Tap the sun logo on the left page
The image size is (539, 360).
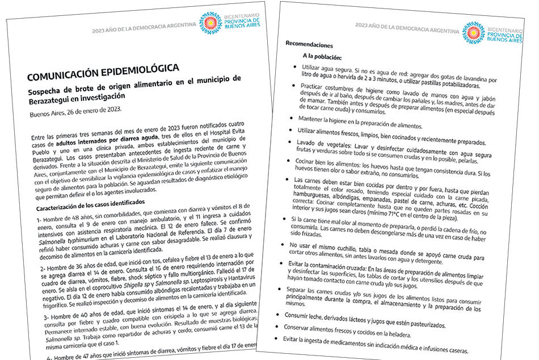[x=212, y=23]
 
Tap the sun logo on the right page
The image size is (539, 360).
[x=473, y=33]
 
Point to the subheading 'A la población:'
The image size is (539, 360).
[x=322, y=57]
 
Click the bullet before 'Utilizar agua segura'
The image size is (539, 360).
[x=296, y=67]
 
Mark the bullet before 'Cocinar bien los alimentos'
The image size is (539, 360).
[x=293, y=161]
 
